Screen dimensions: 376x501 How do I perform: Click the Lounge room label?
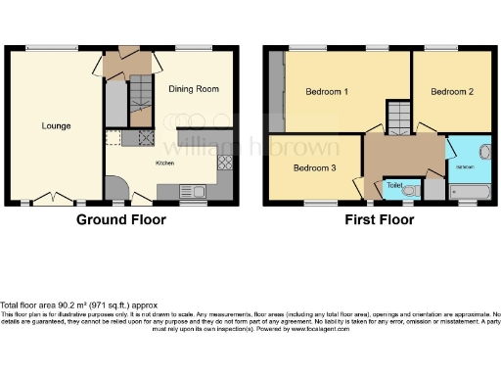click(x=56, y=125)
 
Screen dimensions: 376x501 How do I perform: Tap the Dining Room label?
click(x=193, y=89)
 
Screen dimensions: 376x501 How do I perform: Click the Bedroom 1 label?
click(x=328, y=92)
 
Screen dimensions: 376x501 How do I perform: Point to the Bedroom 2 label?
click(x=451, y=92)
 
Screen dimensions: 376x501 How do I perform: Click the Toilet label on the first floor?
click(x=394, y=184)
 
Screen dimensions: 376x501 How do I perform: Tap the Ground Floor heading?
click(x=121, y=220)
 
